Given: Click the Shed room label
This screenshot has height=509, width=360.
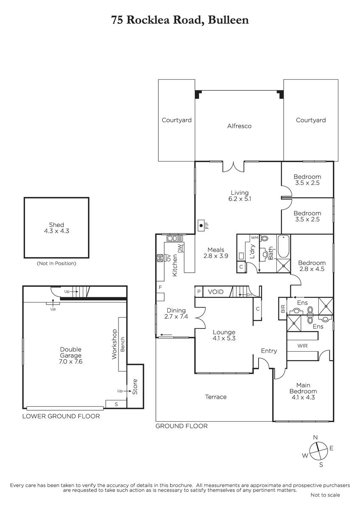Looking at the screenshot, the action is pyautogui.click(x=56, y=225).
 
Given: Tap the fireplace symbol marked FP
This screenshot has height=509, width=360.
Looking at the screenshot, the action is pyautogui.click(x=201, y=225).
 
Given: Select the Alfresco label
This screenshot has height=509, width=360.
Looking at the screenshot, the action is pyautogui.click(x=239, y=126).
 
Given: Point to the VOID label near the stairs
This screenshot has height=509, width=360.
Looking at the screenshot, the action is pyautogui.click(x=216, y=291).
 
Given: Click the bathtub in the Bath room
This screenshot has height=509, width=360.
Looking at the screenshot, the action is pyautogui.click(x=283, y=246).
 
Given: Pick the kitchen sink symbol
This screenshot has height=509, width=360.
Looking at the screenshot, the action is pyautogui.click(x=175, y=238).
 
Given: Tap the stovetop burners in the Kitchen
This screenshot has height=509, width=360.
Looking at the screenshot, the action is pyautogui.click(x=160, y=258).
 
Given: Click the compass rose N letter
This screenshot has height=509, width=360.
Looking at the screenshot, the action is pyautogui.click(x=315, y=437).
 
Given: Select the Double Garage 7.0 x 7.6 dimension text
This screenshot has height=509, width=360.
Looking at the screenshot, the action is pyautogui.click(x=71, y=361).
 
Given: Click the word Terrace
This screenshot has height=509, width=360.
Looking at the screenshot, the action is pyautogui.click(x=216, y=397).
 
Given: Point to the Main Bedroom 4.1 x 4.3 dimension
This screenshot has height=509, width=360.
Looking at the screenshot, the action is pyautogui.click(x=303, y=397).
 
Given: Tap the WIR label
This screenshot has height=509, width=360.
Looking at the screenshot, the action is pyautogui.click(x=302, y=346).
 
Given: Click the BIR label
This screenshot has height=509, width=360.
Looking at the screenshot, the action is pyautogui.click(x=283, y=309).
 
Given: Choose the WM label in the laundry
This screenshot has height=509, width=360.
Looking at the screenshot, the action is pyautogui.click(x=254, y=238).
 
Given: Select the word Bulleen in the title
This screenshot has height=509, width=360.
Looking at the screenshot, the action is pyautogui.click(x=228, y=20).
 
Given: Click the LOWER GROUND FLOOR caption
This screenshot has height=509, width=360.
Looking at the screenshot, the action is pyautogui.click(x=61, y=416).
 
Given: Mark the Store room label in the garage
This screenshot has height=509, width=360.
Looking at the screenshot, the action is pyautogui.click(x=135, y=387).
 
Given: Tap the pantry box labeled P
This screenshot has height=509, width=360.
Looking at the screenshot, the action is pyautogui.click(x=199, y=291).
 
